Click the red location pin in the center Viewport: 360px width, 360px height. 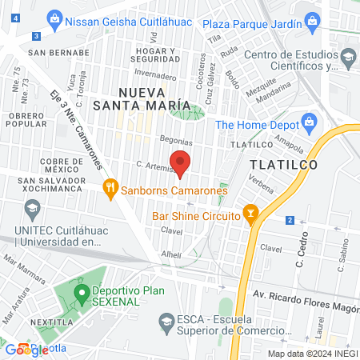[180, 162]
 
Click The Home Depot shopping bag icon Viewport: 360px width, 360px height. [309, 123]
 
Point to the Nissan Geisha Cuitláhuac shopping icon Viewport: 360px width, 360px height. [54, 17]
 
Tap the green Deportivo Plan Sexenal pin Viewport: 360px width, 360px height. [81, 292]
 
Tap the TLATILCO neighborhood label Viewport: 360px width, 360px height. [284, 164]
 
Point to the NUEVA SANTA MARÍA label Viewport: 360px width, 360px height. [153, 98]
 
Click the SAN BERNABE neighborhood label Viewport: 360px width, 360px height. [52, 53]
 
